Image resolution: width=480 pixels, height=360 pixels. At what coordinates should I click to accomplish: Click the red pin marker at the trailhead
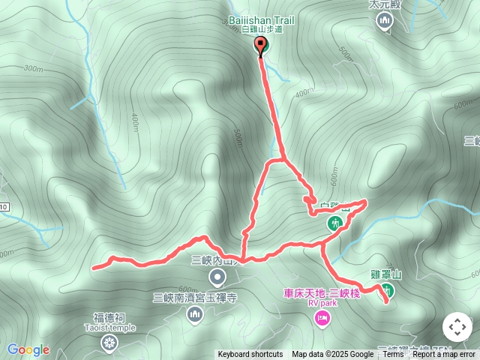pos(260,46)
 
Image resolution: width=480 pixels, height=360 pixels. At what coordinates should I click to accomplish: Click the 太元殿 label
pos(384,4)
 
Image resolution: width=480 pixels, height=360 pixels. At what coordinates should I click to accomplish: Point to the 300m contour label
pos(33,68)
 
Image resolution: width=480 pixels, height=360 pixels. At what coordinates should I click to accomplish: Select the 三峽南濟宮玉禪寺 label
pos(195,298)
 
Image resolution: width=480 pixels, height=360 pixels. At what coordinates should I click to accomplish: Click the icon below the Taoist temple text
pos(109,343)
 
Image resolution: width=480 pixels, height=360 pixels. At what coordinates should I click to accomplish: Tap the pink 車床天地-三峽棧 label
pos(322,293)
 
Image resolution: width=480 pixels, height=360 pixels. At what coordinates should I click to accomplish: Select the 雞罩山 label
pos(387,275)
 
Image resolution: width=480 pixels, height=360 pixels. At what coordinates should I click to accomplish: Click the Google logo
pos(28,350)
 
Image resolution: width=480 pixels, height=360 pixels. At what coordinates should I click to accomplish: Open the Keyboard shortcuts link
pos(250,355)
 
